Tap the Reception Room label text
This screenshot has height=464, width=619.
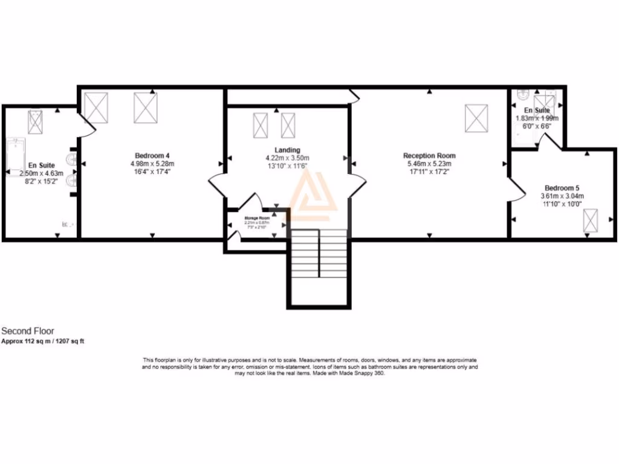(x=429, y=155)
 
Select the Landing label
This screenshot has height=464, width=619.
(x=287, y=150)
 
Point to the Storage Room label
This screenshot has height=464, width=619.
(x=256, y=217)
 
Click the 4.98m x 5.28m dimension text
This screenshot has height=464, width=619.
(x=152, y=164)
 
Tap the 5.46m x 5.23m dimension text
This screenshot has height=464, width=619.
(x=429, y=164)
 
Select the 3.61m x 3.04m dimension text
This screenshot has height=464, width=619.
(x=562, y=196)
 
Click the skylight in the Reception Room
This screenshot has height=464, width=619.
(x=476, y=118)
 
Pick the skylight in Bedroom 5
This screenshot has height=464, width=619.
(x=590, y=221)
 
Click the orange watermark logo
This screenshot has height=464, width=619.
(x=311, y=193)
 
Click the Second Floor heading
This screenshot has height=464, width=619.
(x=28, y=331)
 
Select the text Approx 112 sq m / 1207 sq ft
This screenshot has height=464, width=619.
(x=43, y=341)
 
